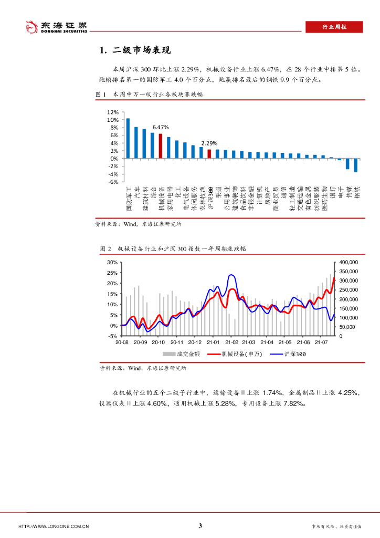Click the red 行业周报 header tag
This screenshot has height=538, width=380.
[334, 27]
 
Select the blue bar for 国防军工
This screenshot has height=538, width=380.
[128, 138]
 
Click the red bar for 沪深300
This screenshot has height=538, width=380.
[209, 153]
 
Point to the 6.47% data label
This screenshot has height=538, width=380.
[161, 127]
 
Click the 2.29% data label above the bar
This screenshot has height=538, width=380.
[209, 143]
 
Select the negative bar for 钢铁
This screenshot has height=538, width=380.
[355, 165]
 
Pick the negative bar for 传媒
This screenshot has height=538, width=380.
[347, 163]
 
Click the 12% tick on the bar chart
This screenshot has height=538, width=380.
[112, 112]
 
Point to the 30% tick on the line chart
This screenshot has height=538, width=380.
[112, 262]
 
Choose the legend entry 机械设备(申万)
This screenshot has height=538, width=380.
[238, 355]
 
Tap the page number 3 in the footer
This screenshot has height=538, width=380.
[200, 526]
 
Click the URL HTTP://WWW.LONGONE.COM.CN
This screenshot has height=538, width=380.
[54, 526]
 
